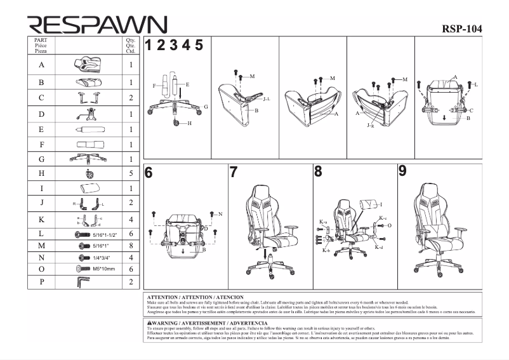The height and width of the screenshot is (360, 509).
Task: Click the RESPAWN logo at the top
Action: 96,25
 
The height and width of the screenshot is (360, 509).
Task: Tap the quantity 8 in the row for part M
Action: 131,244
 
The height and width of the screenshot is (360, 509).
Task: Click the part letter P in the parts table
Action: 41,282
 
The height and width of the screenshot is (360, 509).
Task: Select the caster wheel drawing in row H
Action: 89,173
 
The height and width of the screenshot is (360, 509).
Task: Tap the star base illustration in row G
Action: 88,159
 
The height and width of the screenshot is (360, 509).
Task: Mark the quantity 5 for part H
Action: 131,173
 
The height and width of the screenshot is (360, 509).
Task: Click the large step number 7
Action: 233,172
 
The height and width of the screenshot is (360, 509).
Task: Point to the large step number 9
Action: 402,171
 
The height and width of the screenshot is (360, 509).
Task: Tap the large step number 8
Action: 318,171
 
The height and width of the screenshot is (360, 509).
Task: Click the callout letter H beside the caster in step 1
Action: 189,123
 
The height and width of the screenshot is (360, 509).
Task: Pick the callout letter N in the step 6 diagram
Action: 220,214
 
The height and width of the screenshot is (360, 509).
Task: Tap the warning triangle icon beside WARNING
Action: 149,323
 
